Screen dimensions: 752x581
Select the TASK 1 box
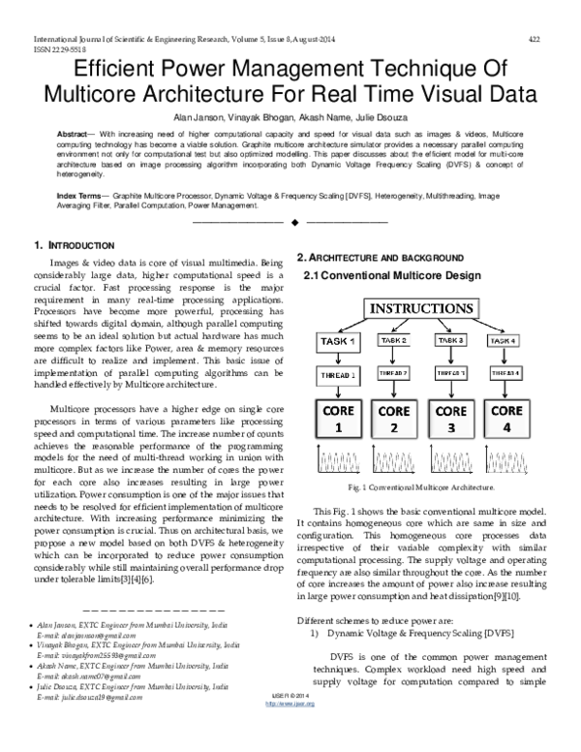tap(340, 342)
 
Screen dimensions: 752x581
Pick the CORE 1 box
tap(340, 418)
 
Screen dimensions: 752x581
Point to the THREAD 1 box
tap(340, 374)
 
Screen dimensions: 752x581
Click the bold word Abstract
tap(76, 131)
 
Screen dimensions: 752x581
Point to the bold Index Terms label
tap(80, 195)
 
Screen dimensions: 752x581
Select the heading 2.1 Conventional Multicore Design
tap(392, 276)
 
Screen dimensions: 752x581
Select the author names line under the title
tap(290, 114)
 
